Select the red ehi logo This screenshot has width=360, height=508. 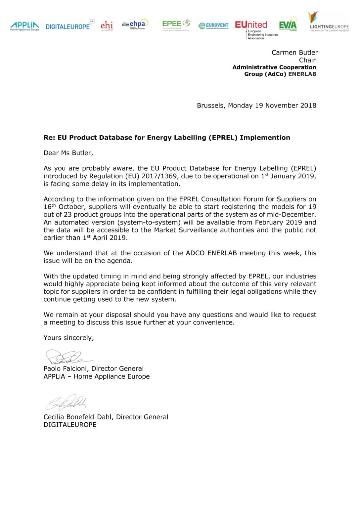pyautogui.click(x=107, y=25)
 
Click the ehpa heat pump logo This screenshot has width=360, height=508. pyautogui.click(x=135, y=24)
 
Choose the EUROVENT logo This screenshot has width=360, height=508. pyautogui.click(x=213, y=25)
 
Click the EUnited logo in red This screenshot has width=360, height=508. pyautogui.click(x=251, y=25)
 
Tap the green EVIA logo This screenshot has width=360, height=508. pyautogui.click(x=288, y=24)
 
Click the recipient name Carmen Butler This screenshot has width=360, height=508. pyautogui.click(x=294, y=53)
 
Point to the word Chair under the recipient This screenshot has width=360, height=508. pyautogui.click(x=307, y=60)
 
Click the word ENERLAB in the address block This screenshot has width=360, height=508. pyautogui.click(x=302, y=74)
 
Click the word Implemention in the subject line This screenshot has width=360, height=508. pyautogui.click(x=265, y=138)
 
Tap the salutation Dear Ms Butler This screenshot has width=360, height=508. pyautogui.click(x=68, y=153)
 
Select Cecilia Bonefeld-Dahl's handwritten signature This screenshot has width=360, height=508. pyautogui.click(x=66, y=402)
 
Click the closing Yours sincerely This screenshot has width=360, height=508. pyautogui.click(x=68, y=338)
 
